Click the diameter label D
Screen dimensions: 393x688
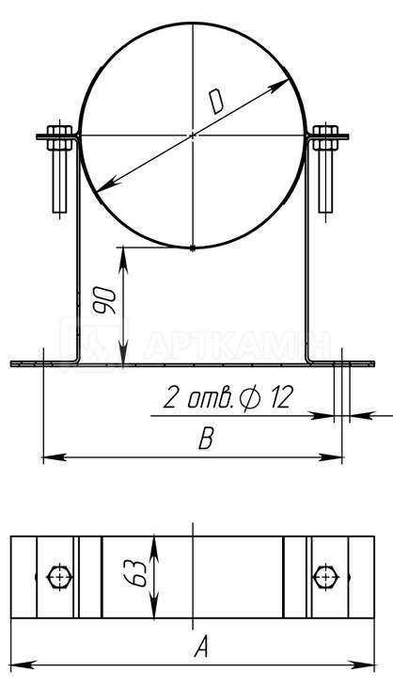(216, 102)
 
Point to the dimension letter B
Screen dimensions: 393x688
(206, 439)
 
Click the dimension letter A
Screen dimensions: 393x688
(201, 647)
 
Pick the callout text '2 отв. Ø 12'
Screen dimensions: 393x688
(228, 397)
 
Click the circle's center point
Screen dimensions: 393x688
(193, 136)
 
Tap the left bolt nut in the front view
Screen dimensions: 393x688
(59, 137)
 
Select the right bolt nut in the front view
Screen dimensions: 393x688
(325, 137)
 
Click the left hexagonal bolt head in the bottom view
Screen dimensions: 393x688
(59, 577)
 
